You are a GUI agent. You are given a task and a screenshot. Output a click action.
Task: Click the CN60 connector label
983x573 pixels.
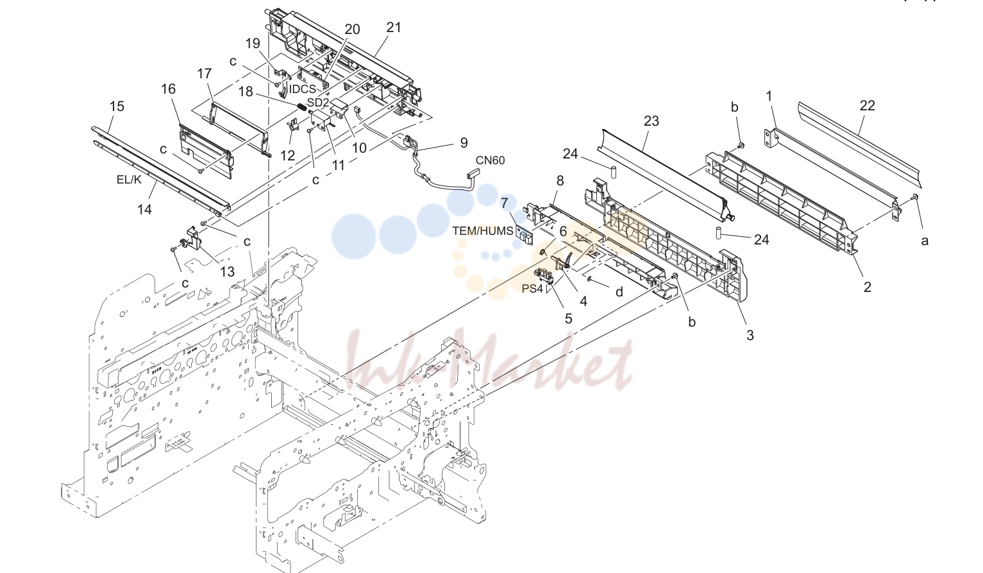coord(490,160)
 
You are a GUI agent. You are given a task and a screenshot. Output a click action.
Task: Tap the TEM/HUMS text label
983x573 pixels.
coord(483,231)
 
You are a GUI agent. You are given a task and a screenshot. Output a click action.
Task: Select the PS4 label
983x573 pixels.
coord(532,289)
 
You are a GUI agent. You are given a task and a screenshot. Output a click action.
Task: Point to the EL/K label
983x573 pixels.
coord(129,179)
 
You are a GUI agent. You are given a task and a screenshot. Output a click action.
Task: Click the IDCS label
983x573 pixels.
coord(303,89)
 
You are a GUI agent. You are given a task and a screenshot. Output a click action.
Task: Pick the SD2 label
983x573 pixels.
coord(317,102)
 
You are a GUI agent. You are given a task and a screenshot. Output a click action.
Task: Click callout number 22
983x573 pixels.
coord(867,105)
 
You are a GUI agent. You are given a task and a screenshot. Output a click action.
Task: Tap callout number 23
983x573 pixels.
coord(651,121)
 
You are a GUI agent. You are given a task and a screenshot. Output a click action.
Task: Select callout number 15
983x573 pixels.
coord(117,107)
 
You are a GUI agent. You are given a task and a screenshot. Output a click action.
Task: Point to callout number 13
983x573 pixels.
coord(227,272)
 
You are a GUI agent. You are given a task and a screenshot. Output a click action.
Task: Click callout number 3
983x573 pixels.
coord(750,336)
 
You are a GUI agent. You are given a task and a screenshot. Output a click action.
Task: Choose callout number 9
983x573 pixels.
coord(464,142)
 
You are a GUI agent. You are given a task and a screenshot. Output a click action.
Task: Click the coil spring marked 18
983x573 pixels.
coord(301,107)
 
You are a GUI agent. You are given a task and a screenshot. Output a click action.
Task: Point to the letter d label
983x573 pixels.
coord(619,292)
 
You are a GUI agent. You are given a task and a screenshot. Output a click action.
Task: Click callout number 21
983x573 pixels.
coord(394,28)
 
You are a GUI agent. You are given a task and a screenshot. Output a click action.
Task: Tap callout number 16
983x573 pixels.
coord(168,89)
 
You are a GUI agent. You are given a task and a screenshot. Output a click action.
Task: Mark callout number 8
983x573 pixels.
coord(560,181)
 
